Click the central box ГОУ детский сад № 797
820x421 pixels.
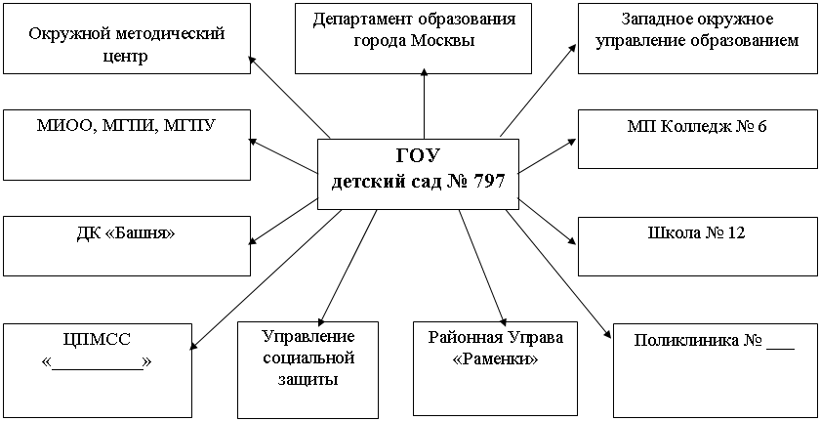[419, 174]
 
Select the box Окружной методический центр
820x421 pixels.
[127, 38]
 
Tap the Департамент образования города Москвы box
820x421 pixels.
[413, 38]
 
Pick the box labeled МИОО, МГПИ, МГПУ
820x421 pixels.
[127, 145]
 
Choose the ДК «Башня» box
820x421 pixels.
[127, 246]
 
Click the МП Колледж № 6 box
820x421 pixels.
[697, 139]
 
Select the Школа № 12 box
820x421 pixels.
[697, 246]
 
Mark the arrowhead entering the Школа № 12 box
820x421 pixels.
[572, 240]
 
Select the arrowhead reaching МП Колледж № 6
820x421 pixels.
[570, 143]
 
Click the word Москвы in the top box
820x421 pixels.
[442, 40]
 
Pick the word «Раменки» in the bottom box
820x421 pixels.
[495, 359]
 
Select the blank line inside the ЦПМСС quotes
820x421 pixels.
[98, 369]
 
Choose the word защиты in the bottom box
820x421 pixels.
[308, 379]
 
